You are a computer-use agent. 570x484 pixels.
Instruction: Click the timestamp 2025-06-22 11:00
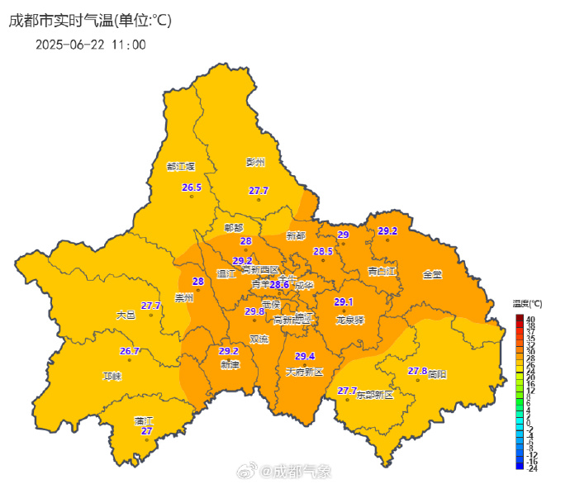coord(91,45)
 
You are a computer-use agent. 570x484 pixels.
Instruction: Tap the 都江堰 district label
coord(180,166)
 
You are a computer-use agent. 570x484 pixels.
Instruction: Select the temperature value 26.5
coord(192,187)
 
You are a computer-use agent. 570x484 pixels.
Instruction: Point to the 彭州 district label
coord(255,163)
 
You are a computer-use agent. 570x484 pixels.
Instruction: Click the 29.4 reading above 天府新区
coord(305,356)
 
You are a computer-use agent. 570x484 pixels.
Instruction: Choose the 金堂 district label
coord(432,273)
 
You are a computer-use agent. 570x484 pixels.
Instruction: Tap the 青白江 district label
coord(382,271)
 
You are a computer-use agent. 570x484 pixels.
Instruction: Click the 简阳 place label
coord(437,374)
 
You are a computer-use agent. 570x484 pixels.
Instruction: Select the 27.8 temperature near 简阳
coord(418,371)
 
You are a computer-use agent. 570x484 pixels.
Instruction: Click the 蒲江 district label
coord(144,420)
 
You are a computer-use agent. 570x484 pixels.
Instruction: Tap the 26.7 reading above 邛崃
coord(130,351)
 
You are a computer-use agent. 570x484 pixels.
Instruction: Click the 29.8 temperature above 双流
coord(254,311)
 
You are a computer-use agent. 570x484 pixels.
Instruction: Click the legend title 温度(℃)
coord(527,304)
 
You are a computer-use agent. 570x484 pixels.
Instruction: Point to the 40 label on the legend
coord(531,318)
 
